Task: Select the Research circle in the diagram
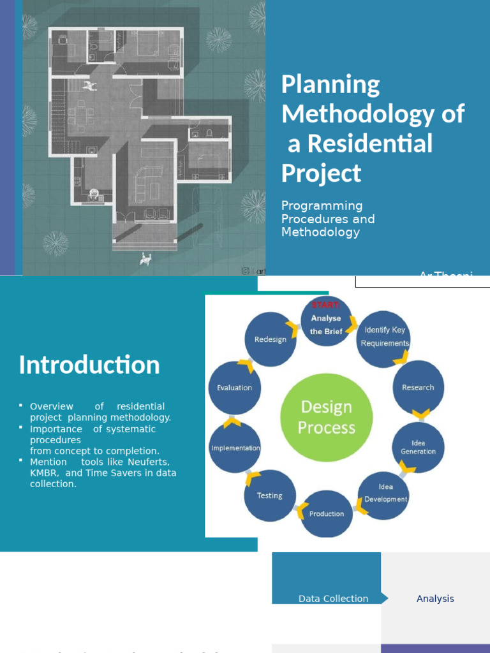[x=418, y=387]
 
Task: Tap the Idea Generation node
[x=418, y=447]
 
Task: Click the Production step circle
[x=326, y=513]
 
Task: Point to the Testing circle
[x=269, y=495]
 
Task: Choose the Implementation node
[x=235, y=448]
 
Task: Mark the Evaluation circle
[x=234, y=387]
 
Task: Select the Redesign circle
[x=271, y=339]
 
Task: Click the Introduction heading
[x=89, y=365]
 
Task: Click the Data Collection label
[x=333, y=599]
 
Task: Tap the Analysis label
[x=435, y=599]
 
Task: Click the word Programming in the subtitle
[x=322, y=206]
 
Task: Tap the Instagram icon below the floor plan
[x=245, y=271]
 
